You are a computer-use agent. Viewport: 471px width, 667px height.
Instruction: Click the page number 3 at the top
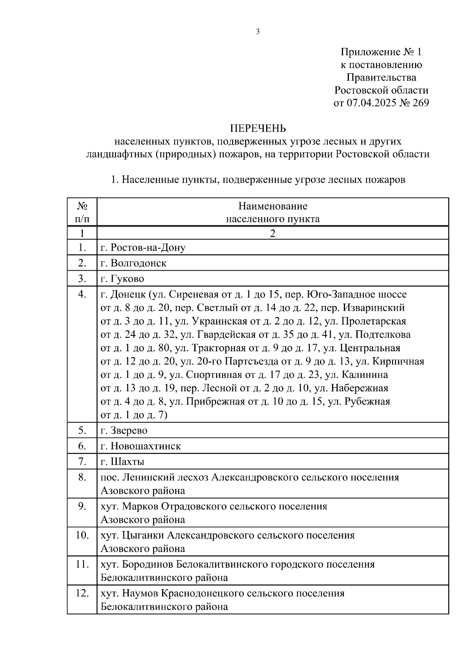[258, 32]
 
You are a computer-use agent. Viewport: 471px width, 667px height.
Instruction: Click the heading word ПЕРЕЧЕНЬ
[258, 128]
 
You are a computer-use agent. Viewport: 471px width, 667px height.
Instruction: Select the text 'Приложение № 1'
[381, 52]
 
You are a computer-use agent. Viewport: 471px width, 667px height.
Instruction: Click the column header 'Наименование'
[273, 206]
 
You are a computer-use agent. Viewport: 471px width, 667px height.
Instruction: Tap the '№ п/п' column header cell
[82, 212]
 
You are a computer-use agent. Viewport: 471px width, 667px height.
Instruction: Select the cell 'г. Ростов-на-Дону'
[143, 247]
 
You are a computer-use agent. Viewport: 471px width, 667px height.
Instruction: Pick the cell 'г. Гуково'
[122, 279]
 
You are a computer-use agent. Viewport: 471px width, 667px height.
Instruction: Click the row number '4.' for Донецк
[82, 294]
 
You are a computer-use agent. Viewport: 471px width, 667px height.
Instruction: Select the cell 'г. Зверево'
[124, 431]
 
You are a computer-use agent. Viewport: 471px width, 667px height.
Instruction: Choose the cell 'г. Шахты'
[122, 462]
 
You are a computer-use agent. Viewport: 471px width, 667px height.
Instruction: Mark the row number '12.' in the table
[82, 593]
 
